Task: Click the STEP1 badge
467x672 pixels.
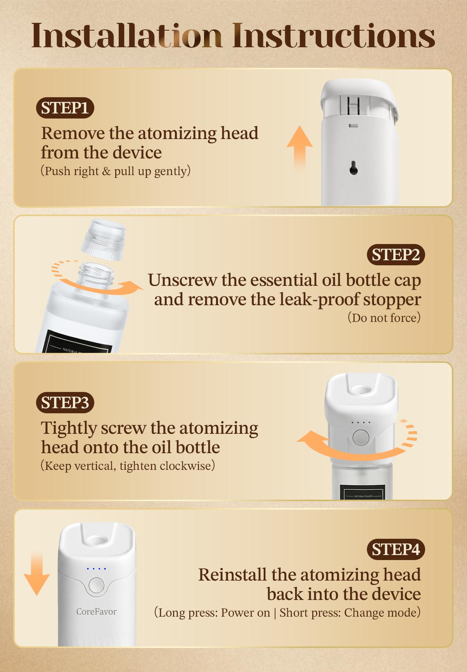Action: click(x=65, y=108)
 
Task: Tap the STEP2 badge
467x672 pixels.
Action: click(x=396, y=255)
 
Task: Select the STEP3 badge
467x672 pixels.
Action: click(x=65, y=402)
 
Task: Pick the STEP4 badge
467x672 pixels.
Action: click(x=396, y=550)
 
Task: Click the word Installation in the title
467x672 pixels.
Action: click(x=126, y=36)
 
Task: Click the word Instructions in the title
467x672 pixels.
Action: click(x=334, y=36)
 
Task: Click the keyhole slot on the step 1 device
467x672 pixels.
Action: click(x=353, y=168)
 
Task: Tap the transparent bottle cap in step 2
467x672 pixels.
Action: click(x=103, y=239)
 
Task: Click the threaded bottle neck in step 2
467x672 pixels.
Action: click(x=96, y=273)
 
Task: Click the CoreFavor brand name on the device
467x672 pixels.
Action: click(x=96, y=612)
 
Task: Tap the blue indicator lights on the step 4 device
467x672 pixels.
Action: click(x=97, y=569)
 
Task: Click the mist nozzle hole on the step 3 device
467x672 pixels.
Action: click(x=361, y=389)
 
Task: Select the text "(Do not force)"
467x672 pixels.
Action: click(x=384, y=318)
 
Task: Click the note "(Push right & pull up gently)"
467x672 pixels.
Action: click(x=116, y=171)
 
